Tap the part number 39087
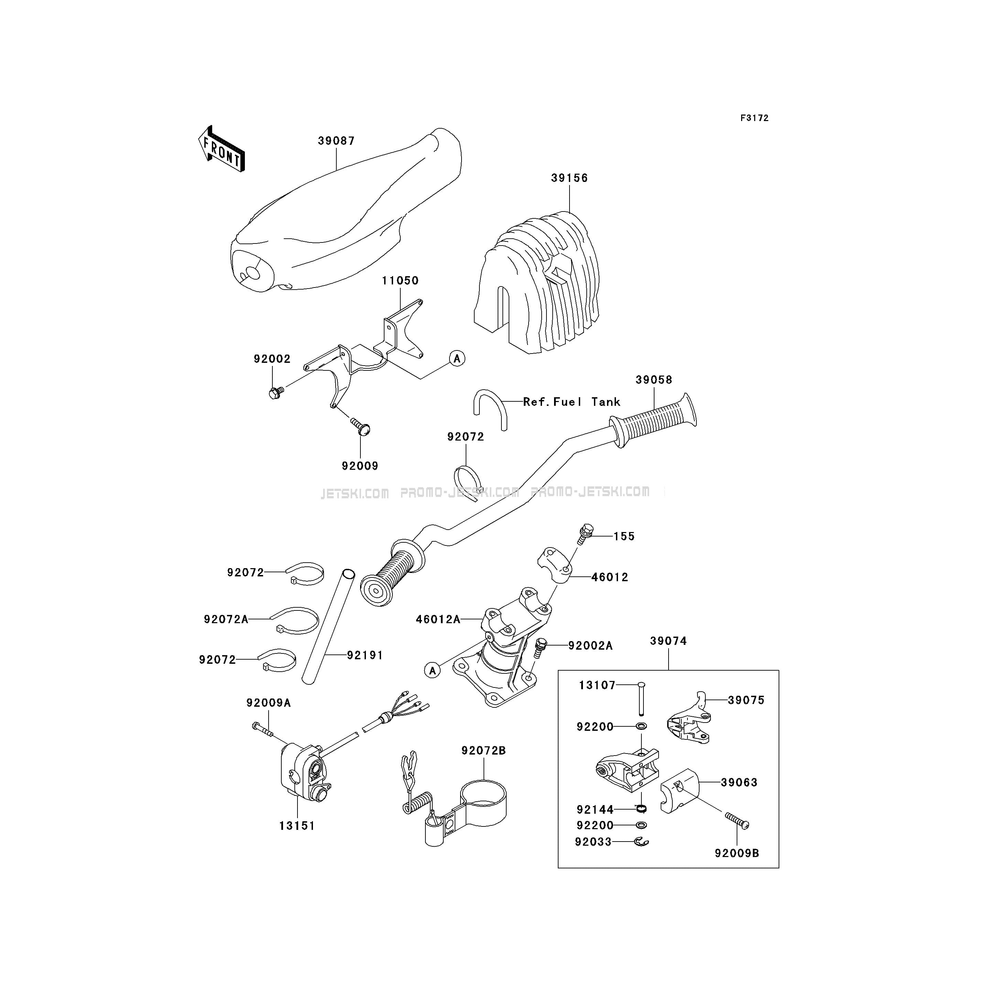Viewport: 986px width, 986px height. click(x=336, y=141)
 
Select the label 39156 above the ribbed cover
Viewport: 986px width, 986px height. click(x=570, y=178)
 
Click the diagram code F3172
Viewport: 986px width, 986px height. click(x=754, y=118)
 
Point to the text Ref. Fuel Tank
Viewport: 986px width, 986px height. click(x=572, y=402)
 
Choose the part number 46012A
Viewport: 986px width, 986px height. click(x=438, y=620)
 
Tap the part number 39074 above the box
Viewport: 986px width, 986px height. click(x=669, y=641)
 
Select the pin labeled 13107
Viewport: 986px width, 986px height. click(x=641, y=699)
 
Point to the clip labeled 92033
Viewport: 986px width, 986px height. click(x=641, y=842)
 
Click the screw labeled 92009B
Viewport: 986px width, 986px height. click(x=737, y=821)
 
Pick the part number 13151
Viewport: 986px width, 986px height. click(x=297, y=826)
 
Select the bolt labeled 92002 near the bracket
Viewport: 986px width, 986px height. click(x=275, y=392)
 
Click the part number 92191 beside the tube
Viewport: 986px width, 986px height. click(x=365, y=655)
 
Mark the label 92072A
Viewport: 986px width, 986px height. click(x=226, y=620)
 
